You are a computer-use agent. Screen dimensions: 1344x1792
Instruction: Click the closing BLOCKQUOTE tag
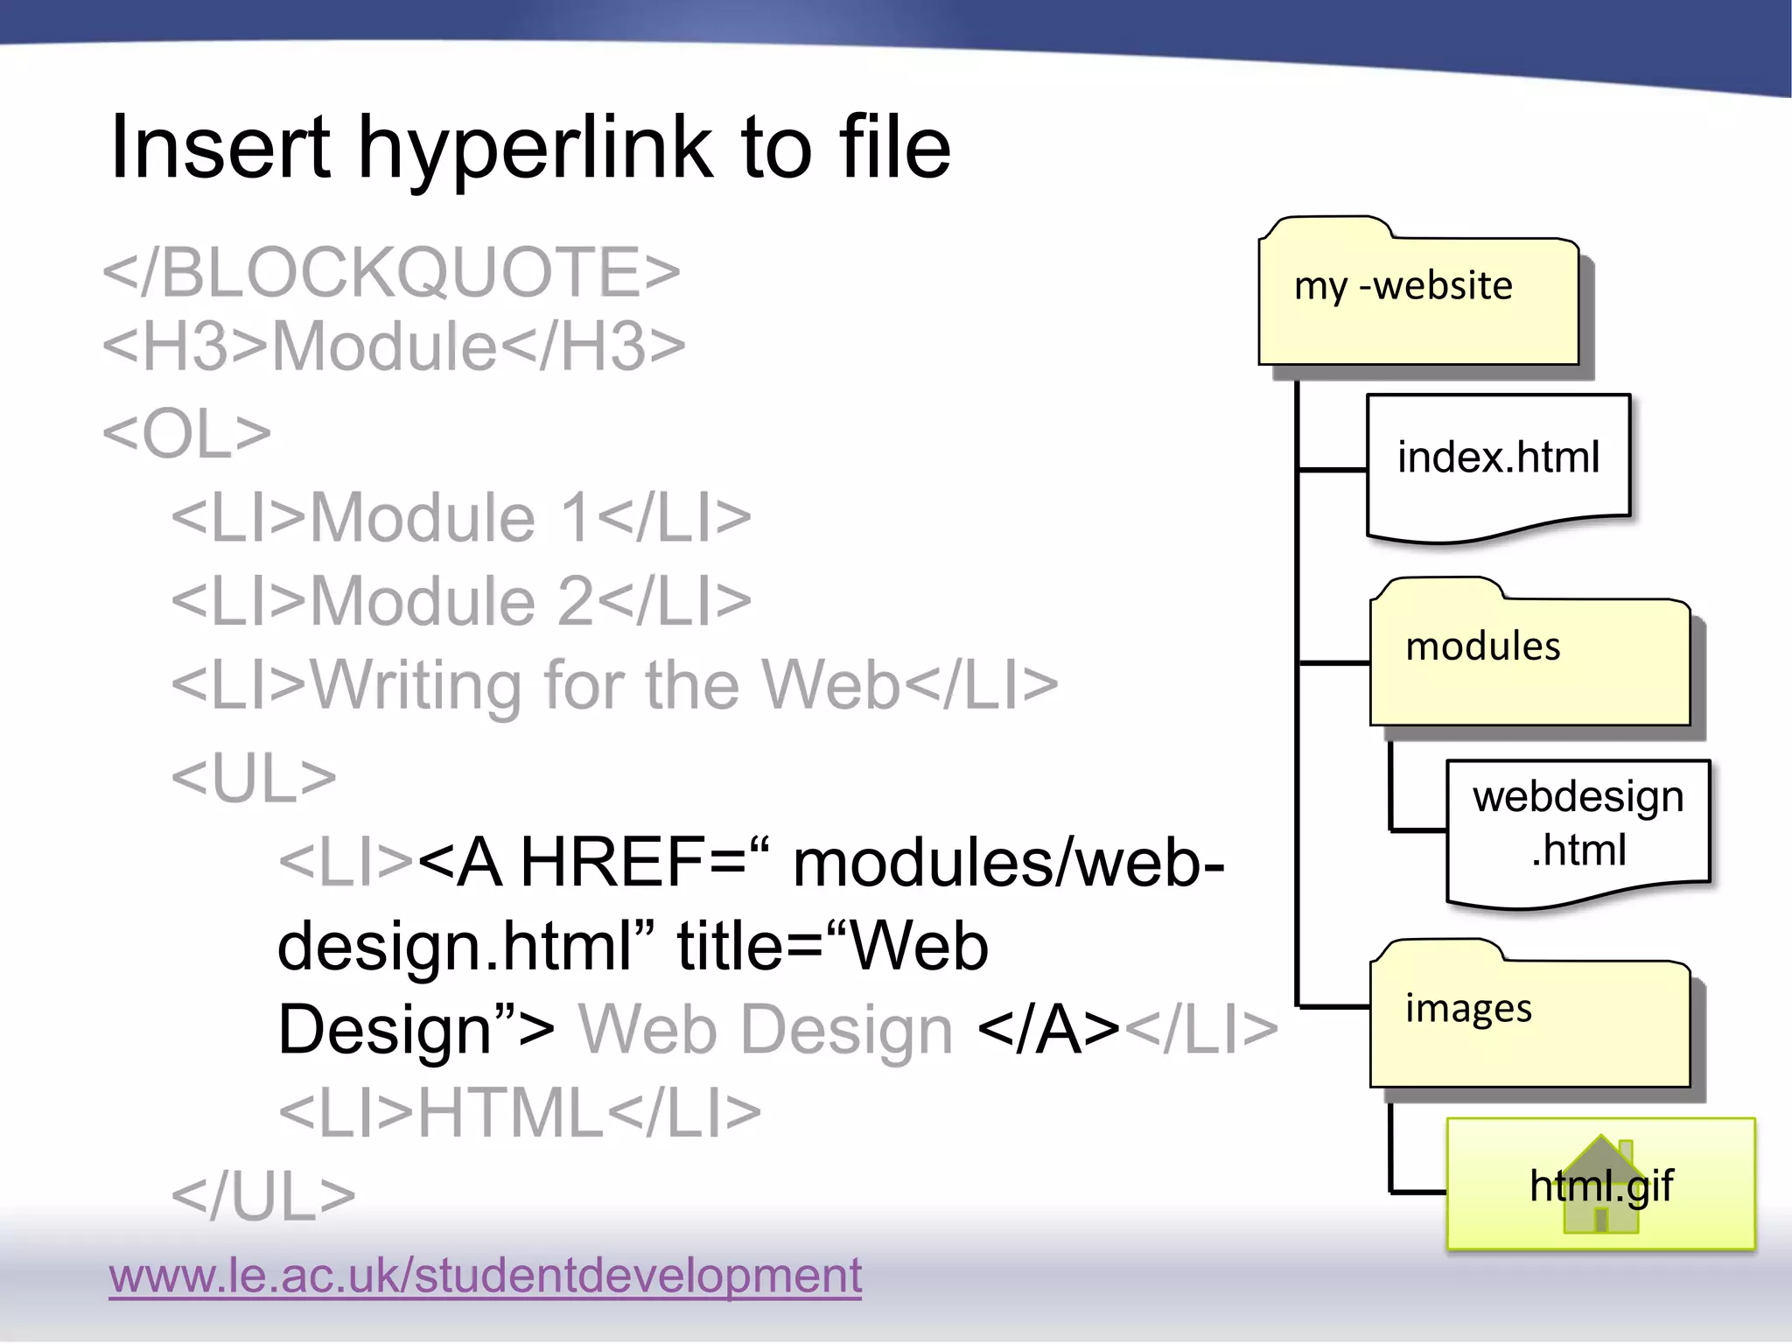(391, 272)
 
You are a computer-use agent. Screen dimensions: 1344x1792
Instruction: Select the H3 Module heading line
(394, 346)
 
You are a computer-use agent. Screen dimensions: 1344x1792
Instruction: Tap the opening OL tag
(186, 433)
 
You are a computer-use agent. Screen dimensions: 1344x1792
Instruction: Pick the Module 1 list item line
(461, 517)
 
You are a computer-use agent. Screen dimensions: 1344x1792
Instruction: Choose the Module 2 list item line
(461, 601)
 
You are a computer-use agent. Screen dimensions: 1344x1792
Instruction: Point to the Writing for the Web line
(614, 685)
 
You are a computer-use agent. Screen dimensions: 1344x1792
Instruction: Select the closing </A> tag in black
(1048, 1030)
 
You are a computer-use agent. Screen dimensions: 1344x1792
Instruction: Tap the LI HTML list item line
(519, 1113)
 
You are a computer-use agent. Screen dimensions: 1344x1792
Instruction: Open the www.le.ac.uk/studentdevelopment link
(485, 1275)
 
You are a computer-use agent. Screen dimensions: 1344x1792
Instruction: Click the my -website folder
(1417, 297)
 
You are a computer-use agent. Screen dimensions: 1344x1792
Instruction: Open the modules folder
(1529, 656)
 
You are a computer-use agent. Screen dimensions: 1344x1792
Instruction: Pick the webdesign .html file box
(1578, 827)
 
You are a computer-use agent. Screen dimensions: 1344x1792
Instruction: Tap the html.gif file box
(1600, 1185)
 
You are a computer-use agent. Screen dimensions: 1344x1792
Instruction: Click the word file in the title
(894, 149)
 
